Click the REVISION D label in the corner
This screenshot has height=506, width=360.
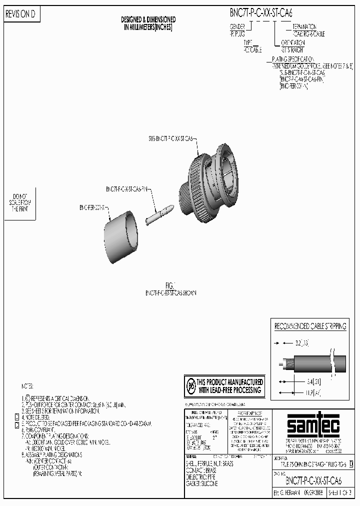coord(20,15)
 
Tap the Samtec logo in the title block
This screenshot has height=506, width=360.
coord(306,426)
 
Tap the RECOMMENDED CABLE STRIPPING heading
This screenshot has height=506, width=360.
coord(310,326)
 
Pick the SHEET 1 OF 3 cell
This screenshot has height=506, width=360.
coord(340,492)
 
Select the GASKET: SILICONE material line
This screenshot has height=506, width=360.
coord(201,483)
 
